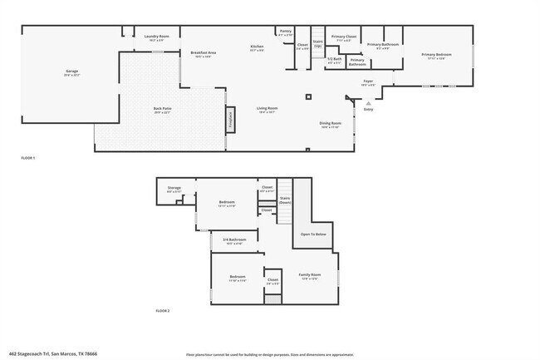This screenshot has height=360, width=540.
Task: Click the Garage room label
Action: (72, 72)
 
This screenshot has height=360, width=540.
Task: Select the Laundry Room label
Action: (156, 36)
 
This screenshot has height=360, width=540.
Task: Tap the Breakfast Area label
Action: (204, 53)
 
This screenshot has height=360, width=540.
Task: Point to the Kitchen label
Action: (258, 47)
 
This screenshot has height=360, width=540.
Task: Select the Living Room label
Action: (267, 109)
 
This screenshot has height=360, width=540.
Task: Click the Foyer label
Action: (367, 81)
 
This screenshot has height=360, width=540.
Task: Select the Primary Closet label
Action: (344, 37)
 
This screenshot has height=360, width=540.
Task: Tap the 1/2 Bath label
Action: (335, 60)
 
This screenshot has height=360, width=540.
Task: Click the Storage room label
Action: (174, 189)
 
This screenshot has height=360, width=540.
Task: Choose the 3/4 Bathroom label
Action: (232, 240)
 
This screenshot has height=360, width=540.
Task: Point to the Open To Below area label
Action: (313, 234)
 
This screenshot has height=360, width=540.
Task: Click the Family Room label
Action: (309, 275)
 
